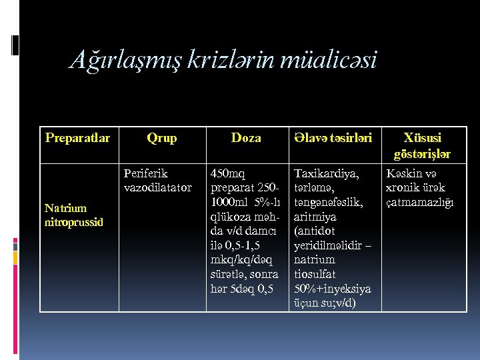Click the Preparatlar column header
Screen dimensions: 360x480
click(x=77, y=138)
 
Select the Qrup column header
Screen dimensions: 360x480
click(x=161, y=138)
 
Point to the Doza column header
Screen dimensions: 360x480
click(x=246, y=138)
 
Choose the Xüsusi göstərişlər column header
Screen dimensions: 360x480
click(x=423, y=145)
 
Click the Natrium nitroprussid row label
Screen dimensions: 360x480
click(x=74, y=215)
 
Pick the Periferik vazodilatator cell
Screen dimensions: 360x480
click(x=158, y=180)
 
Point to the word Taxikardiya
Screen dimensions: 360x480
click(x=326, y=174)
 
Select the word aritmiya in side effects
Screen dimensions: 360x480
click(x=315, y=217)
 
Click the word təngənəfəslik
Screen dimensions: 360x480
click(x=328, y=203)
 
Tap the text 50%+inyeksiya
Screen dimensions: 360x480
click(x=332, y=289)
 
